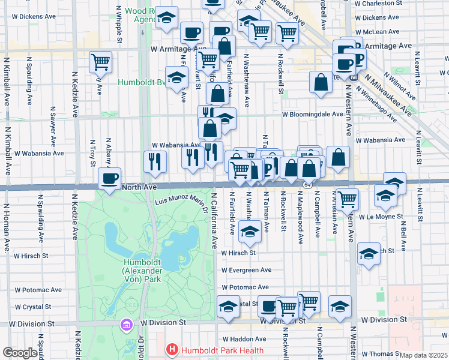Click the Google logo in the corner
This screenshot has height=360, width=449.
20,353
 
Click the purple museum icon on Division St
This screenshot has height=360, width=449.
126,325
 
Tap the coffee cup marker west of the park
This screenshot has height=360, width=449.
109,179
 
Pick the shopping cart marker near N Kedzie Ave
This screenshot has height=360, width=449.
100,62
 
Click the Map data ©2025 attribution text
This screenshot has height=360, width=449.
423,355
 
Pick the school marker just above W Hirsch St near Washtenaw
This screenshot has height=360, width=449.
249,232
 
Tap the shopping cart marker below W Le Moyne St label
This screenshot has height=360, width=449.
347,199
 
